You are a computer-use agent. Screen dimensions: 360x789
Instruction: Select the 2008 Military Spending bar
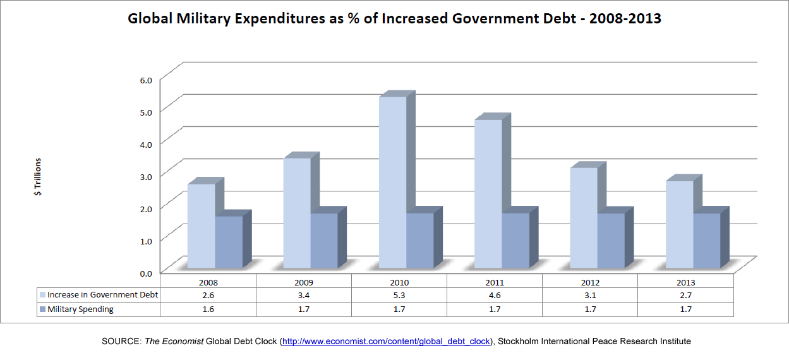pyautogui.click(x=229, y=241)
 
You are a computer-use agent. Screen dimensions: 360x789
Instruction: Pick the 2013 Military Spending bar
pyautogui.click(x=706, y=240)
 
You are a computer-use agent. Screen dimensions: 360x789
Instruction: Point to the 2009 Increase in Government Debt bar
pyautogui.click(x=297, y=212)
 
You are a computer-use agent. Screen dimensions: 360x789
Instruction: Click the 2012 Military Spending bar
pyautogui.click(x=611, y=240)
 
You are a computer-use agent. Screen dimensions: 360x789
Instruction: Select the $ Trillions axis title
pyautogui.click(x=38, y=177)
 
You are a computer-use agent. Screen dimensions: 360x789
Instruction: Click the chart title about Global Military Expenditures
pyautogui.click(x=394, y=18)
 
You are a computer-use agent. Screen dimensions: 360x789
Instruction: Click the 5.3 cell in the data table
pyautogui.click(x=399, y=295)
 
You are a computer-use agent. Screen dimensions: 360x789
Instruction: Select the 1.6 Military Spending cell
pyautogui.click(x=208, y=309)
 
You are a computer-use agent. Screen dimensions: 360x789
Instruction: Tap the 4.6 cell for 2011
pyautogui.click(x=495, y=295)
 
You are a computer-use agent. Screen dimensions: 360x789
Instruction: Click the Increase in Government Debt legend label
pyautogui.click(x=102, y=295)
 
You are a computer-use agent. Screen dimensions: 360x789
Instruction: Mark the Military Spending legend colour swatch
pyautogui.click(x=42, y=309)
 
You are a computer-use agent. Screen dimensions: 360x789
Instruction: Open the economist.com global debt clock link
pyautogui.click(x=386, y=341)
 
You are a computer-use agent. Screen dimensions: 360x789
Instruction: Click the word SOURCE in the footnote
pyautogui.click(x=121, y=341)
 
